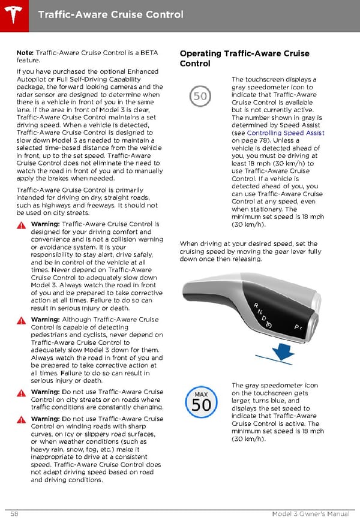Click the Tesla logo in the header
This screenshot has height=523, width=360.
[13, 13]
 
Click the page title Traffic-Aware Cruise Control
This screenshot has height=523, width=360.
[110, 13]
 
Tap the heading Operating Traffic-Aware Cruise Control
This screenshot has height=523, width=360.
[244, 58]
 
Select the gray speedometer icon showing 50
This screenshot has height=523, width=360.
[200, 96]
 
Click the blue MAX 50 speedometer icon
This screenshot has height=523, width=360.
[201, 402]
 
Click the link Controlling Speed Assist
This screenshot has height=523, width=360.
[286, 133]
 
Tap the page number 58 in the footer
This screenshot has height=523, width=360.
[14, 515]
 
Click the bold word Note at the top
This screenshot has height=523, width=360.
[25, 53]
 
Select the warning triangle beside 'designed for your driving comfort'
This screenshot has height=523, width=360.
[22, 225]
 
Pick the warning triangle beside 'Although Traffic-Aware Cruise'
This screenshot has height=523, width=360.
[22, 320]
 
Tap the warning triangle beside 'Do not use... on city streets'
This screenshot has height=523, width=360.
[22, 392]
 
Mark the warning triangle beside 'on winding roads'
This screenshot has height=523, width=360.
[22, 419]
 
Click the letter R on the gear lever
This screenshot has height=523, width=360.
[257, 306]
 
